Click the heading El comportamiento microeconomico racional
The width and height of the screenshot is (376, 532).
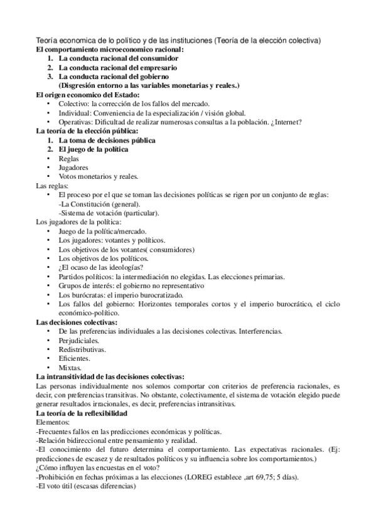tap(109, 49)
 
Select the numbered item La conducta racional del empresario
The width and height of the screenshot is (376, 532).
tap(117, 67)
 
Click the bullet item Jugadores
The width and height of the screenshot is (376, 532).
tap(73, 168)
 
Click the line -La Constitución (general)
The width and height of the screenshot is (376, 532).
tap(99, 204)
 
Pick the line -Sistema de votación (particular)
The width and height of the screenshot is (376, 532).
tap(109, 213)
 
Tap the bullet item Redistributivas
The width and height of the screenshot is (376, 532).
tap(82, 349)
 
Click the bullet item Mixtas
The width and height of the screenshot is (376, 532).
tap(70, 367)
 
